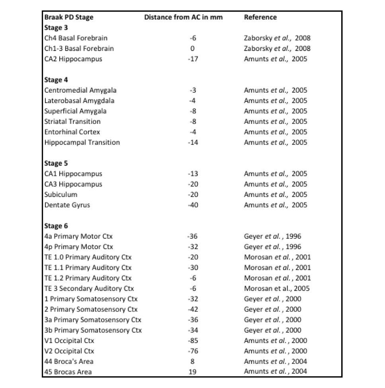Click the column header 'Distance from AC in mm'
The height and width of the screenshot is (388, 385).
[184, 18]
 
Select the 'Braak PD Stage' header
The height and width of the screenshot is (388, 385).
[69, 18]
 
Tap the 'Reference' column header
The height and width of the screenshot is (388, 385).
[260, 18]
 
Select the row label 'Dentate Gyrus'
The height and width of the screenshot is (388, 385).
[67, 205]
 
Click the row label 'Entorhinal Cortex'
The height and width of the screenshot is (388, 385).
[72, 132]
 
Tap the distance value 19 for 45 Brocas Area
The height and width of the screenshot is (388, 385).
[193, 372]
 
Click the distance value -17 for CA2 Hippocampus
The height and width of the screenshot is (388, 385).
[192, 59]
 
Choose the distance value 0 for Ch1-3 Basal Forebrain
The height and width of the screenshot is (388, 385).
[193, 49]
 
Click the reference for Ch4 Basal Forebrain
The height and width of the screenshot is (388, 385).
[277, 38]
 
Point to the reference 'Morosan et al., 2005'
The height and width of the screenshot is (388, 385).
[277, 289]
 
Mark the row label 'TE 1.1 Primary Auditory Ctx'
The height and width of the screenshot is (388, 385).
[88, 268]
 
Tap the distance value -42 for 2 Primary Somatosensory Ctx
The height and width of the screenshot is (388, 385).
[192, 309]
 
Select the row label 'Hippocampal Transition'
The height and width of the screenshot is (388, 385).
[82, 142]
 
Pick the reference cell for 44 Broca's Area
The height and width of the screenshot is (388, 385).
[276, 361]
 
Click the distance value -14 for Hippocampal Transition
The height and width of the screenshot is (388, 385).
[192, 142]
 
